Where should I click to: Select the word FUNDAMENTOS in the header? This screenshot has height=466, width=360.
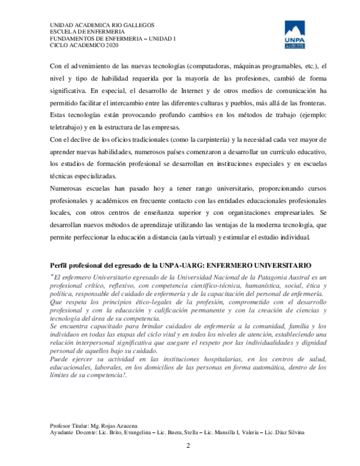pyautogui.click(x=71, y=39)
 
